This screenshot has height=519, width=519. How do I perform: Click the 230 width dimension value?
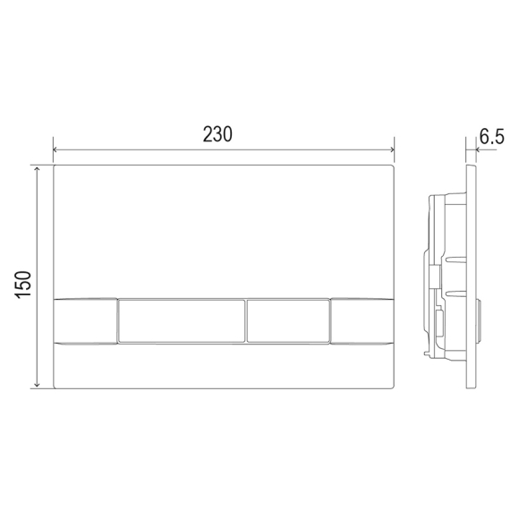[217, 135]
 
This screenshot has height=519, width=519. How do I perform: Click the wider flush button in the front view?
[182, 319]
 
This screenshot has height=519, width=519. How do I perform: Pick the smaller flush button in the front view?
[288, 319]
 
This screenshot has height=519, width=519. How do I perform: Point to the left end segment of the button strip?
[85, 319]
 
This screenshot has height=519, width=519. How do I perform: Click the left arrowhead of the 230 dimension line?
[59, 150]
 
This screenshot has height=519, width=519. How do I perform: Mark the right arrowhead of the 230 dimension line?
[390, 150]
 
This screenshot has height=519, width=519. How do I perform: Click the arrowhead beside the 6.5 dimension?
[478, 150]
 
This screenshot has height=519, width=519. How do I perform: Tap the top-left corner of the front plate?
[56, 166]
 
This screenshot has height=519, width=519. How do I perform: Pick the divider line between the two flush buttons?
[245, 319]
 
